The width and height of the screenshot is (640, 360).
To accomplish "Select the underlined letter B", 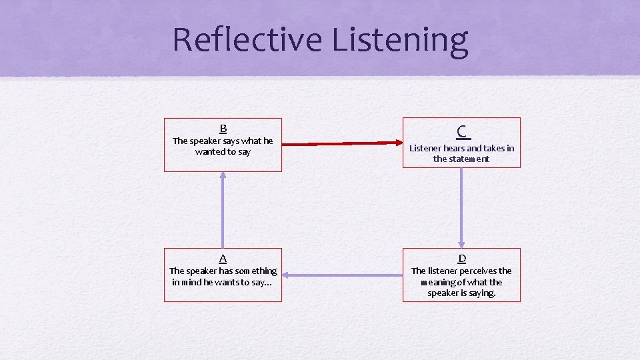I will [x=223, y=129].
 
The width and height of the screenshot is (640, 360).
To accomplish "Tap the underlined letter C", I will [x=461, y=131].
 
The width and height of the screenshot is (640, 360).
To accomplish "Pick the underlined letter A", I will [x=223, y=259].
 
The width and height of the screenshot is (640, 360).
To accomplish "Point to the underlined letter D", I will [x=461, y=259].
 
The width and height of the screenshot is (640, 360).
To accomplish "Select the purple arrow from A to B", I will [x=223, y=209].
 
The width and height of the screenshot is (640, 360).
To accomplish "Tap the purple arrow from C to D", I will [x=461, y=207].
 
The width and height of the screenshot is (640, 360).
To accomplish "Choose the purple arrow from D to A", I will [x=342, y=275].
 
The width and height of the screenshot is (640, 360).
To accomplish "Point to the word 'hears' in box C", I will [x=453, y=148].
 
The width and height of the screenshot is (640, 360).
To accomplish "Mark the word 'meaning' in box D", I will [x=441, y=282].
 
